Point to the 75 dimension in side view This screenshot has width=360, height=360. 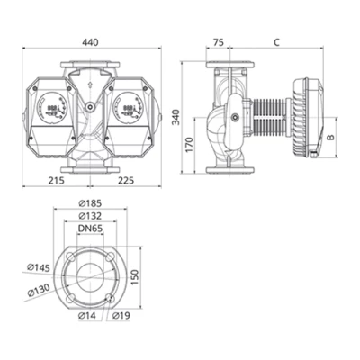[219, 41]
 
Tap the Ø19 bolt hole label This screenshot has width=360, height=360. [122, 318]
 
